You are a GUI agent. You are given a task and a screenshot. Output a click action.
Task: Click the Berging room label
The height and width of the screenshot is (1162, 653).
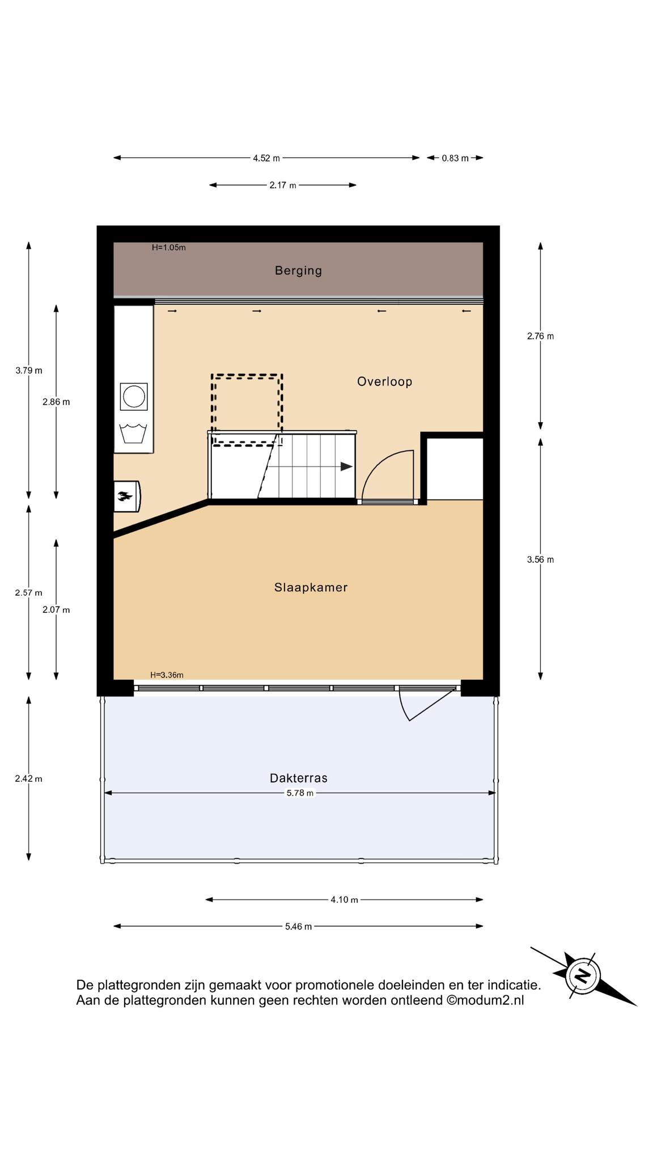[298, 271]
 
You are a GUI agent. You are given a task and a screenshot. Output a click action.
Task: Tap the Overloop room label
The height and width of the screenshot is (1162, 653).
[384, 381]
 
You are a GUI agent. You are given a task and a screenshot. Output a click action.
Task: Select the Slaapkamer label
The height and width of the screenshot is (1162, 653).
[311, 587]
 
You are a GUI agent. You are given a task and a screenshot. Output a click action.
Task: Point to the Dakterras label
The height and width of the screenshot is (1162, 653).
[299, 778]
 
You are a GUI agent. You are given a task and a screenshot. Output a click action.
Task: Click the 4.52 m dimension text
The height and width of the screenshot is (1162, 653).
[266, 158]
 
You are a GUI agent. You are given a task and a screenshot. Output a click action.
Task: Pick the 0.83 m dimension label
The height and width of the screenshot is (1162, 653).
[455, 158]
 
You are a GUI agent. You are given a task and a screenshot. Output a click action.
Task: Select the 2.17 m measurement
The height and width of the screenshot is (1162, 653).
[283, 186]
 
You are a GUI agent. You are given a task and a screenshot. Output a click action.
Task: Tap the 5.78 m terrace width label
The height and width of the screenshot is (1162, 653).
[300, 793]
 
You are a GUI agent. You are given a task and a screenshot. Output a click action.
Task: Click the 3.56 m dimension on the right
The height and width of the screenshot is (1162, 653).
[540, 559]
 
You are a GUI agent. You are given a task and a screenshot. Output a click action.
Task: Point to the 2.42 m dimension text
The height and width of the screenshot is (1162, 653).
[28, 779]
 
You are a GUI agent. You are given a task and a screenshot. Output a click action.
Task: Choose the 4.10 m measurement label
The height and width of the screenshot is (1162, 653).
[344, 899]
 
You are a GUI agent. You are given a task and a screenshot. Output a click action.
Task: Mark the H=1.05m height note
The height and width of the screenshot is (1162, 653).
[168, 247]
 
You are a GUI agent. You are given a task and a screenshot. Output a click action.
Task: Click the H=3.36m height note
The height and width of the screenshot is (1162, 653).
[167, 675]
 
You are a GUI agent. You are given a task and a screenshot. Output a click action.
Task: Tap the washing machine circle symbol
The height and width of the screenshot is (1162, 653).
[134, 396]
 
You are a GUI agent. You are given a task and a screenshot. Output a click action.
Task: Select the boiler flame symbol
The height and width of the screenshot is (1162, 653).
[125, 497]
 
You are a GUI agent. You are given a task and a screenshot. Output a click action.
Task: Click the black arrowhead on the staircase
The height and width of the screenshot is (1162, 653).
[346, 466]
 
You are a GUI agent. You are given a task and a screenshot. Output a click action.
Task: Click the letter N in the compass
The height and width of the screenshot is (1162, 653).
[582, 976]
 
